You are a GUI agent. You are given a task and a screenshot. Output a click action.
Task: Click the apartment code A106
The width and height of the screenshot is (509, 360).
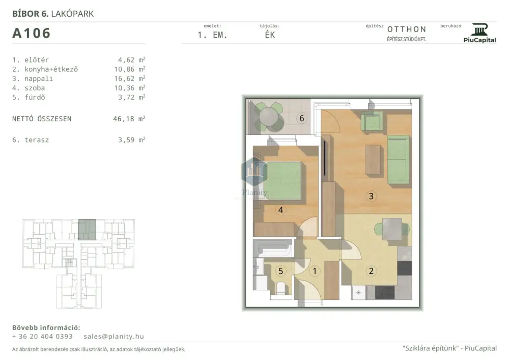[x=32, y=33]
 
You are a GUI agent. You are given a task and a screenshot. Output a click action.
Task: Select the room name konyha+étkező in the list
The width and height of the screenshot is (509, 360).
[x=51, y=69]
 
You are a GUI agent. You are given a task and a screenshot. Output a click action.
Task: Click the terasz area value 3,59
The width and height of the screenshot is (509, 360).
[x=126, y=140]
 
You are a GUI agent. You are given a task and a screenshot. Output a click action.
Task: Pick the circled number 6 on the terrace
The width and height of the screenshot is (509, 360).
[x=302, y=118]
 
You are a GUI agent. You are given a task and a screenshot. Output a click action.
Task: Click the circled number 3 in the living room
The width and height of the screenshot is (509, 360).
[x=371, y=196]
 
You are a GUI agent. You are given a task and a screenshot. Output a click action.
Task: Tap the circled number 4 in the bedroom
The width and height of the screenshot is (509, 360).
[x=281, y=210]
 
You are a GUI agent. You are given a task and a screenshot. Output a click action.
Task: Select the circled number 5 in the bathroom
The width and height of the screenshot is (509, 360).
[x=281, y=271]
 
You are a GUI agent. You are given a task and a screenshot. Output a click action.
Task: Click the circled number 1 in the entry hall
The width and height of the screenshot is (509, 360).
[x=315, y=271]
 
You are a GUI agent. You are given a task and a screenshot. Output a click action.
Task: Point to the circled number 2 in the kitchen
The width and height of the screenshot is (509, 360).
[x=371, y=271]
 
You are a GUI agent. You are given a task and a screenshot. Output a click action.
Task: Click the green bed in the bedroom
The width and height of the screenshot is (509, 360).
[x=283, y=180]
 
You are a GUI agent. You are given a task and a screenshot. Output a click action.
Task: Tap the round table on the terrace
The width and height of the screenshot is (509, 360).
[x=269, y=117]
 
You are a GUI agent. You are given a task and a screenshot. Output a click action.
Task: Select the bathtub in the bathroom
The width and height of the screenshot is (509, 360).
[x=273, y=248]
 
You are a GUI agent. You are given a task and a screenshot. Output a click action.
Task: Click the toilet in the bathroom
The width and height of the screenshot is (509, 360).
[x=281, y=288]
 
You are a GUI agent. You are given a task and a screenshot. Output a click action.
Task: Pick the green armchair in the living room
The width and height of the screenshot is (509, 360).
[x=372, y=121]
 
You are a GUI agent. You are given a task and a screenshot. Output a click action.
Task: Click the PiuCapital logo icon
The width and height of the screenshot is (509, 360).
[x=480, y=30]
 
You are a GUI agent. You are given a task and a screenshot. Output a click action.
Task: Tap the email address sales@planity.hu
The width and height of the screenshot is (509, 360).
[x=114, y=337]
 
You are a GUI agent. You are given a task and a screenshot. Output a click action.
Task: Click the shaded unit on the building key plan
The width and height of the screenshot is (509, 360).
[x=88, y=230]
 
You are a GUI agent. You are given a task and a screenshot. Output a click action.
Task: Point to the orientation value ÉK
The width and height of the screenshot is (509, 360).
[x=270, y=35]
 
